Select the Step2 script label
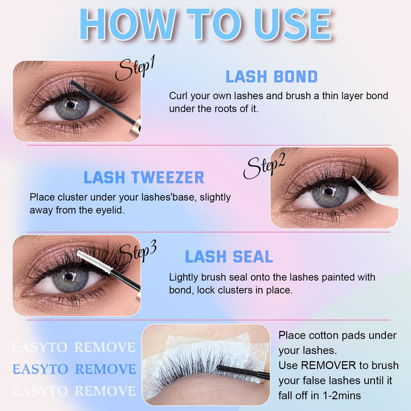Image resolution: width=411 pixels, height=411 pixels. click(265, 166)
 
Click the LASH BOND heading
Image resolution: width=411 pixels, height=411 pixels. click(271, 77)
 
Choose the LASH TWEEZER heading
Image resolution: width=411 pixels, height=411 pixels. click(144, 178)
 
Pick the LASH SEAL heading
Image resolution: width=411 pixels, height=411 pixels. click(229, 257)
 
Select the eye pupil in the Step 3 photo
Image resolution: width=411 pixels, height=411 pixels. click(69, 277)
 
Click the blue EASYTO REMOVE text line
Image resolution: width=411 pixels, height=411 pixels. click(74, 369)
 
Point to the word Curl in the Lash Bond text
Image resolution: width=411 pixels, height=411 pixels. click(177, 96)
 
